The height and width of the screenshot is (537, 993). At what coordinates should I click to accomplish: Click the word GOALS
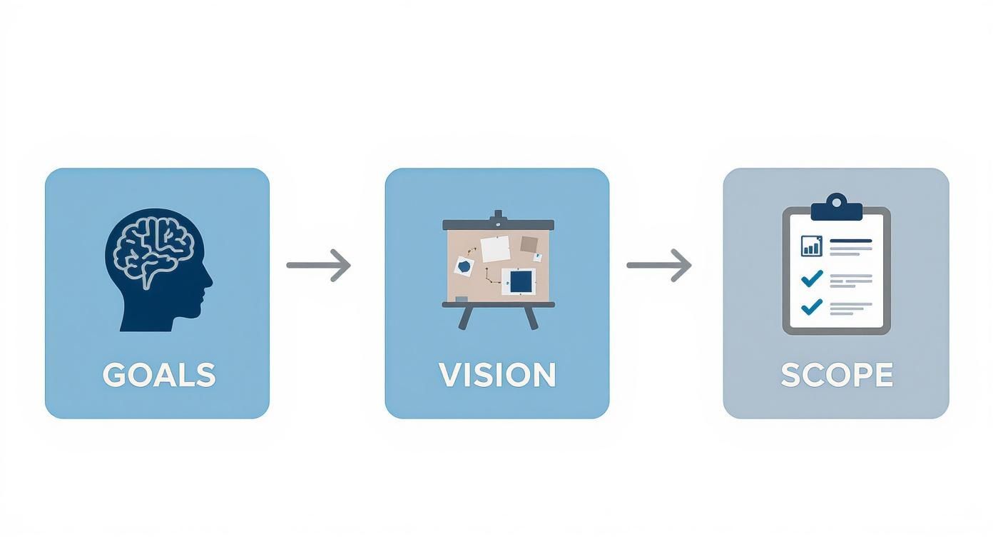[x=159, y=375]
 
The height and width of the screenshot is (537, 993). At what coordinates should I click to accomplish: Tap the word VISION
[x=497, y=375]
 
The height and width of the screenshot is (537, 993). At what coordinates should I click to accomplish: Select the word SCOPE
[x=837, y=375]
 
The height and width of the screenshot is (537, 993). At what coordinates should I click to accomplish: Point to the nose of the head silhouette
[x=209, y=281]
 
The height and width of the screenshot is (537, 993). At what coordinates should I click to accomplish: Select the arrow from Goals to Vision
[x=318, y=266]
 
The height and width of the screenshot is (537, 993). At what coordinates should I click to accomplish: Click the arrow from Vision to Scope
[x=658, y=266]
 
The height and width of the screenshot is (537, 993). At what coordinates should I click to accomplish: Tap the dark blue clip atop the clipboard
[x=837, y=208]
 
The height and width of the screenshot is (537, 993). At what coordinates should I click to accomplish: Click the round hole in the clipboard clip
[x=837, y=203]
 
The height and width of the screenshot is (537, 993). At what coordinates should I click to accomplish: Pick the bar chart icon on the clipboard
[x=812, y=246]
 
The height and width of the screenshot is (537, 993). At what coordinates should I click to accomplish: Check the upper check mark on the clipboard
[x=812, y=278]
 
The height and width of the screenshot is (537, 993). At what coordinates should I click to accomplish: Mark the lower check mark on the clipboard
[x=812, y=306]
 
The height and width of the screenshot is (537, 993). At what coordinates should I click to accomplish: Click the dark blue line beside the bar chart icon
[x=851, y=241]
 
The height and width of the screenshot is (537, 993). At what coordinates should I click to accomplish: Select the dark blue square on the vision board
[x=521, y=282]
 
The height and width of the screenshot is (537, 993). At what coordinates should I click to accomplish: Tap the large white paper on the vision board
[x=496, y=249]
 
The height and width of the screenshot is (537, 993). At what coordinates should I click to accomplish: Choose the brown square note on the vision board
[x=529, y=244]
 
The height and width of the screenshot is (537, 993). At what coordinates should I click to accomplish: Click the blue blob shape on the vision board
[x=464, y=266]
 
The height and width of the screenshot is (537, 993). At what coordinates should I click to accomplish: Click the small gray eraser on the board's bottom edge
[x=462, y=299]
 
